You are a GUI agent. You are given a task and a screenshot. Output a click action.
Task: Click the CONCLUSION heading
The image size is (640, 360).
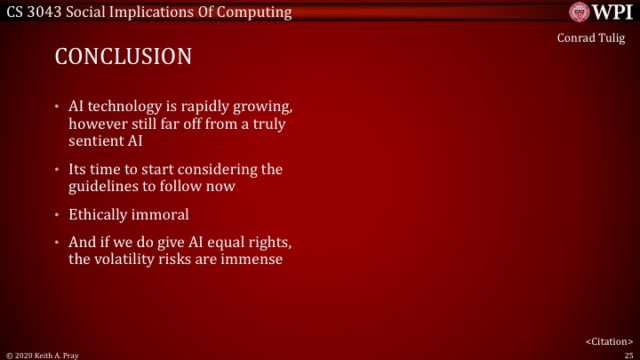coord(124,57)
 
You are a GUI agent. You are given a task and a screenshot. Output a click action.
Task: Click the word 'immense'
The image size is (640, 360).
coord(254,260)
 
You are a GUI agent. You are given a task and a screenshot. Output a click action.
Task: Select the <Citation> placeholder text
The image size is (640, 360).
coord(609,340)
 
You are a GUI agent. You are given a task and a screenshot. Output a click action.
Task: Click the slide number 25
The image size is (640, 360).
coord(628,354)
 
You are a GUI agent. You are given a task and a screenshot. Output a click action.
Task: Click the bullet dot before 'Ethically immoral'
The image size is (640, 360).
coord(58,215)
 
